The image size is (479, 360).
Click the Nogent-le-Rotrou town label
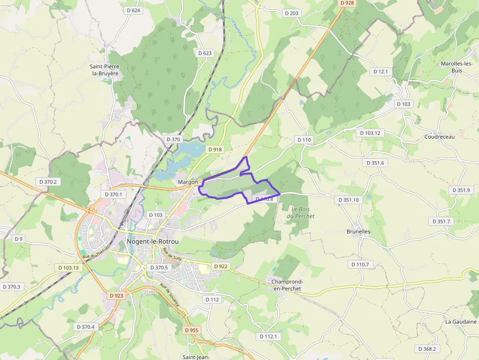pos(152,241)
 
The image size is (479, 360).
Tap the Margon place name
pos(188,182)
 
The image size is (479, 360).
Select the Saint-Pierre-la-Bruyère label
pos(105,70)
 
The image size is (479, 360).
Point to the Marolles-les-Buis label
pos(457,67)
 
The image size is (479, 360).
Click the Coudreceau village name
pos(439,137)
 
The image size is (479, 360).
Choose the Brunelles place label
pos(358,232)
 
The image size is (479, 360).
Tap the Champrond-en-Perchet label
pos(288,285)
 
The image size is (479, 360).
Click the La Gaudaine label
pos(460,322)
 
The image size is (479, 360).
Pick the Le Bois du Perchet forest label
pos(301,212)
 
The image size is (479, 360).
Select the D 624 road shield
pos(133,10)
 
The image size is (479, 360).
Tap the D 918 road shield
pos(215,149)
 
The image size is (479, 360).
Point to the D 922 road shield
pos(221,266)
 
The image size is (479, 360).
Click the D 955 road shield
pos(192,330)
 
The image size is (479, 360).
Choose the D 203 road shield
pos(292,13)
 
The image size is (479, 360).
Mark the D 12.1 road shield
pos(380,72)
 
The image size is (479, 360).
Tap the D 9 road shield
pos(19,239)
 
